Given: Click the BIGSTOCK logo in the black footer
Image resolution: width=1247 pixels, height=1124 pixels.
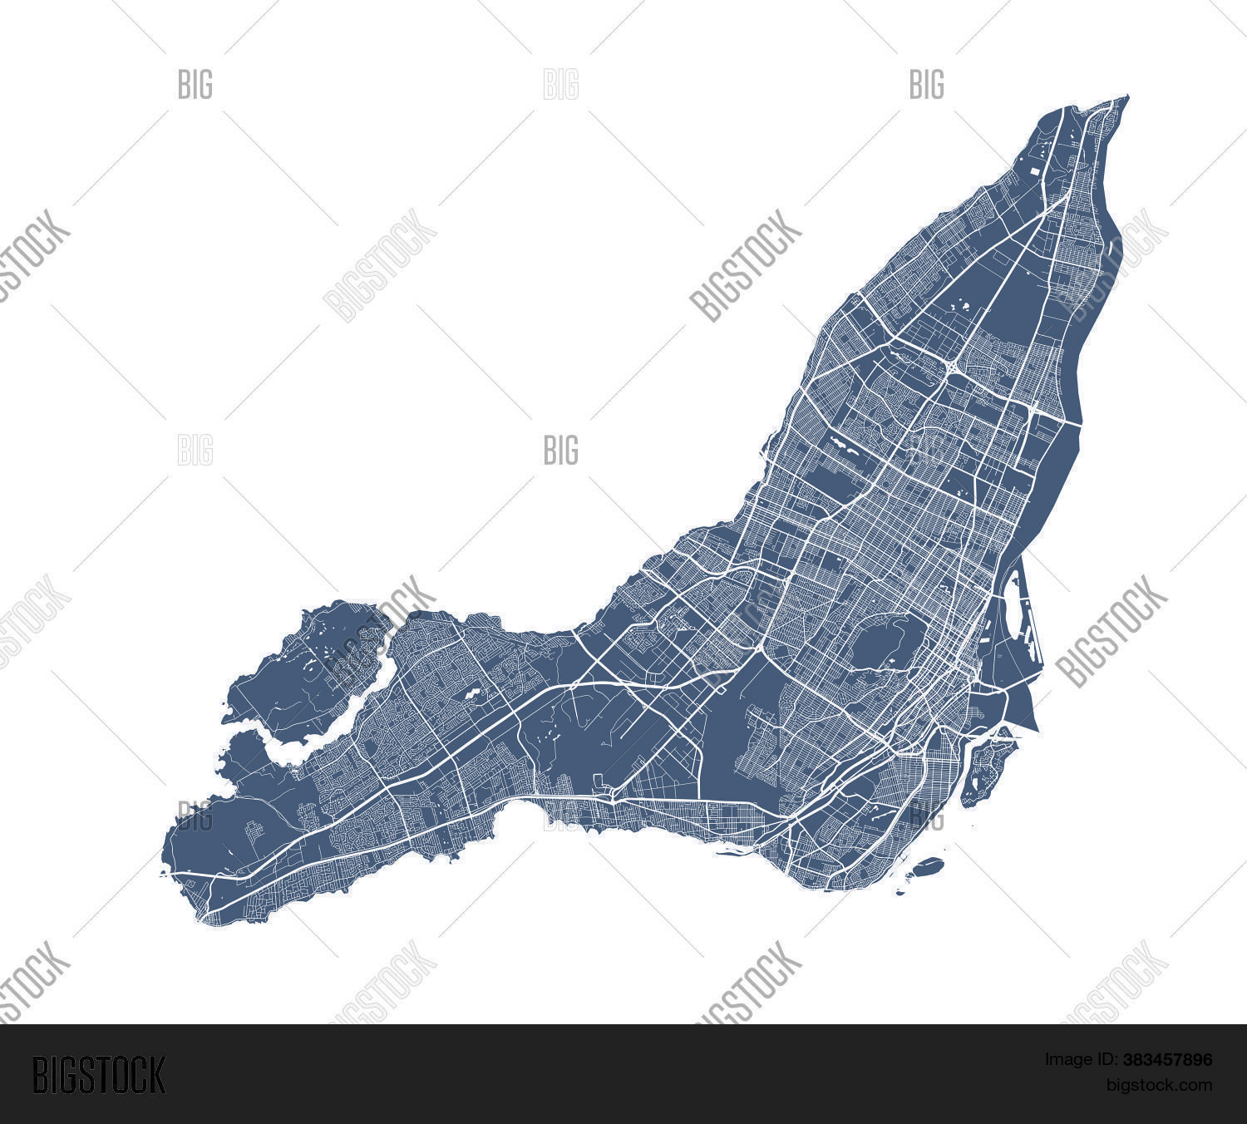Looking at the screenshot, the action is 98,1074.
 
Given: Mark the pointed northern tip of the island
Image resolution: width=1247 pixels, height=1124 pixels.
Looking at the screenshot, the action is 1127,96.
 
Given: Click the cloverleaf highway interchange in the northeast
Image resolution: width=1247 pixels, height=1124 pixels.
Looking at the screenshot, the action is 950,366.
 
